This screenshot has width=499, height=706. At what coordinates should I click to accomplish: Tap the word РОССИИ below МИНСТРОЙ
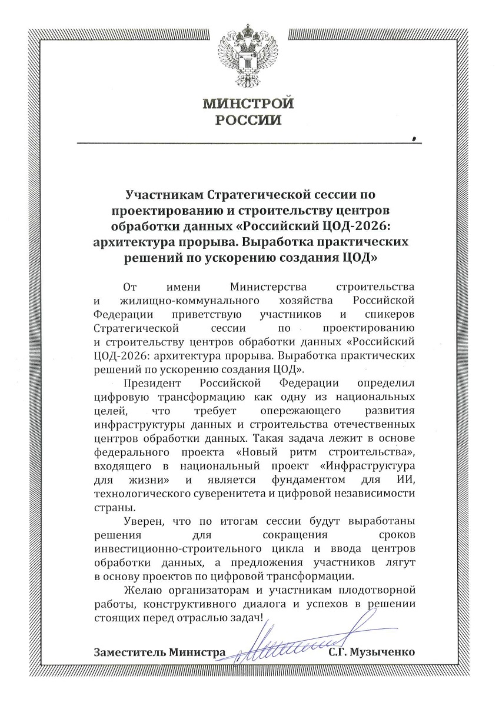pos(248,122)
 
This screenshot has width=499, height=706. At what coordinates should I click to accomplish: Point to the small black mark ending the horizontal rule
pos(415,139)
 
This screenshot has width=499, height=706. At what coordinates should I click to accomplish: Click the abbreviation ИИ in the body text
pos(409,479)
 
